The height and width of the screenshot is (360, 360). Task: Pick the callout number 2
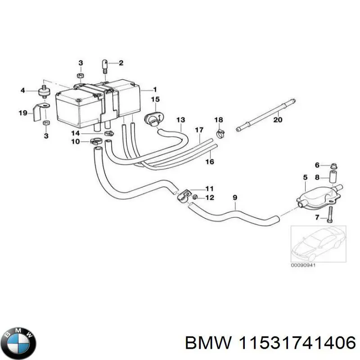[121, 63]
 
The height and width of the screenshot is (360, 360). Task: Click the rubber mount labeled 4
[45, 91]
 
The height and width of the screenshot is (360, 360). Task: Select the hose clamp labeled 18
[220, 133]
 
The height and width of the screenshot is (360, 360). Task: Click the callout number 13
[180, 120]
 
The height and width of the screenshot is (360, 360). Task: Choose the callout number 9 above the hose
[234, 197]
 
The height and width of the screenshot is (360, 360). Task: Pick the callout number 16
[210, 162]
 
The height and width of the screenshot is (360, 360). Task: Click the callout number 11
[209, 189]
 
